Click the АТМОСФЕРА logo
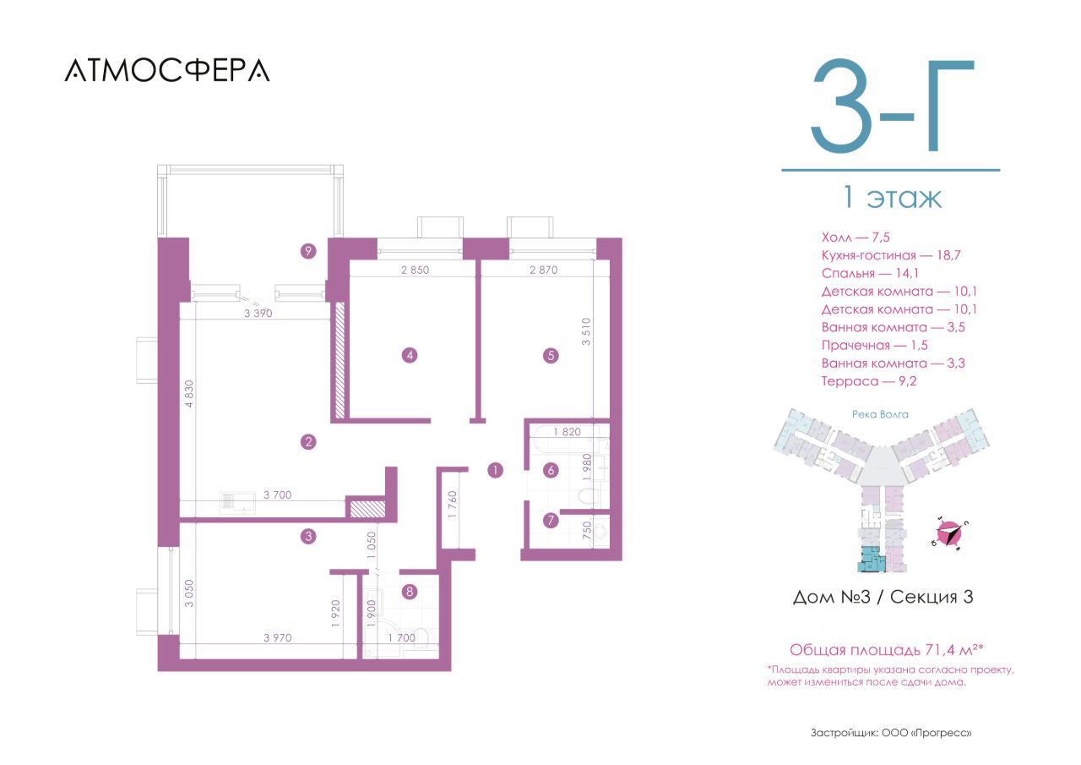pos(167,70)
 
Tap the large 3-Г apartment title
pos(893,107)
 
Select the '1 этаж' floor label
pos(892,197)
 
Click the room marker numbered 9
pos(308,251)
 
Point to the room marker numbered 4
pos(410,356)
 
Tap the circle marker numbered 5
pos(551,356)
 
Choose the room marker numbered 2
pos(308,441)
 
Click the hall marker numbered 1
pos(495,470)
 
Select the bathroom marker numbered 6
pos(551,470)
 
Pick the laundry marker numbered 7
pos(551,520)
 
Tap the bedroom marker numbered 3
pos(308,536)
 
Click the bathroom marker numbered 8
pos(410,592)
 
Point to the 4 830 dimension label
pos(189,394)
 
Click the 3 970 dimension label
pos(278,637)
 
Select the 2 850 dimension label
pos(415,270)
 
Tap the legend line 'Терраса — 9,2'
pos(869,381)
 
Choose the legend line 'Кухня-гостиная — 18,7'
pos(891,255)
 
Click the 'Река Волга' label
pos(880,414)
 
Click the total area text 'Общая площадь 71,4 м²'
pos(887,649)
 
